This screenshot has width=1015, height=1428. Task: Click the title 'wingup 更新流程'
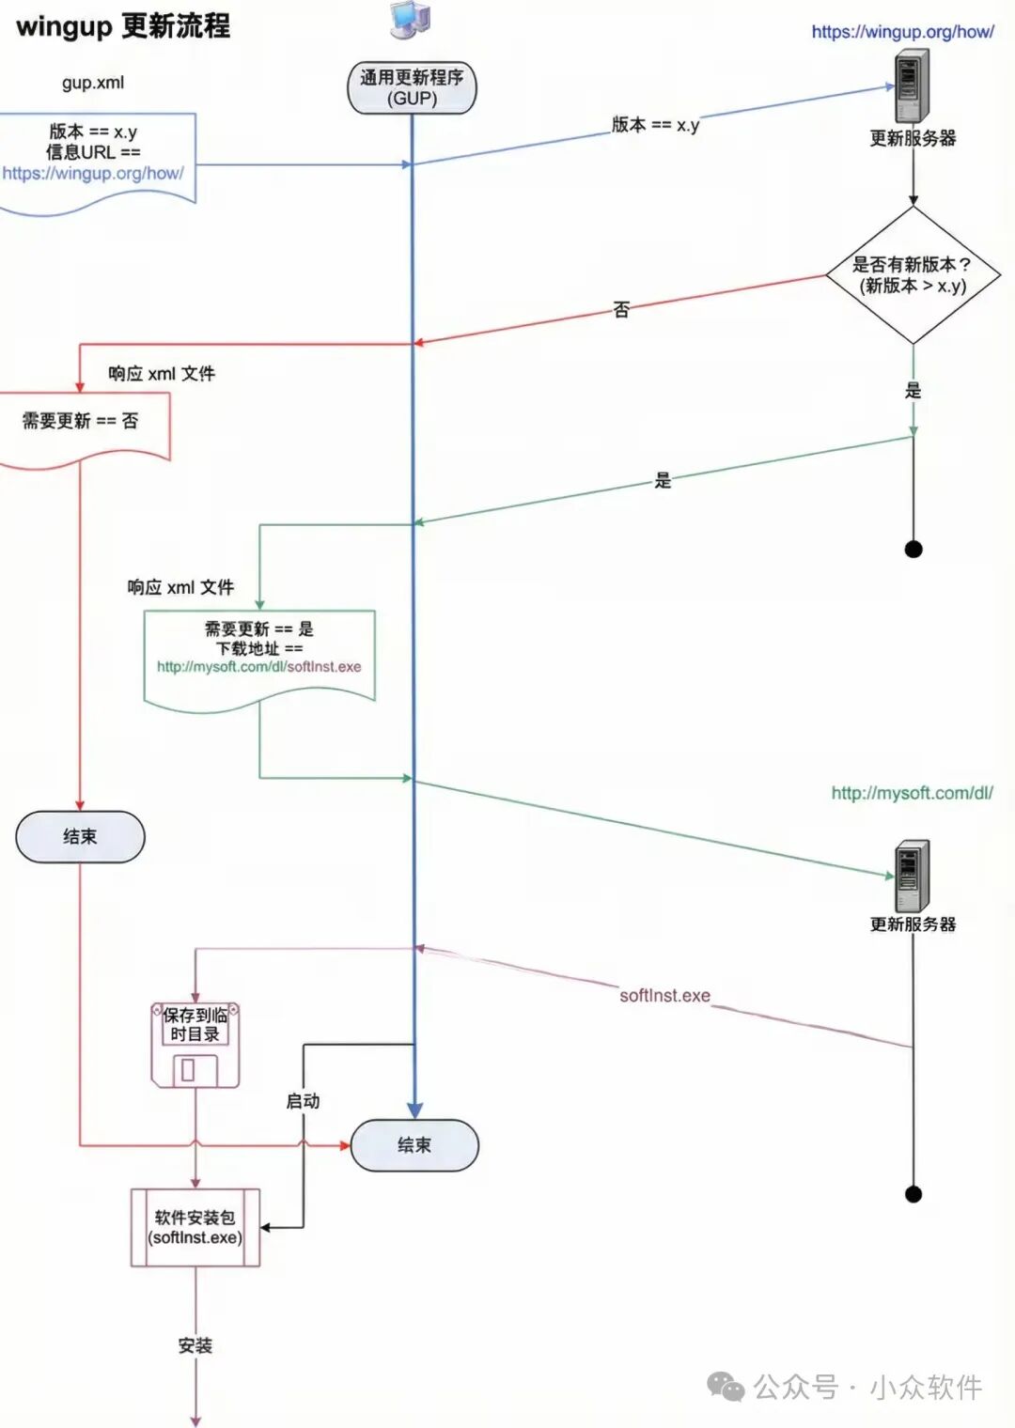[x=123, y=26]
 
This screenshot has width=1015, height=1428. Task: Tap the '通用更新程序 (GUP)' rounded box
[x=412, y=88]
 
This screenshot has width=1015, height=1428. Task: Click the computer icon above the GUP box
[x=411, y=20]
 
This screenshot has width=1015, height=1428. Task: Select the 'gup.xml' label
[x=93, y=83]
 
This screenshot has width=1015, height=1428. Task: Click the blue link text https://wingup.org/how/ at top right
[x=902, y=32]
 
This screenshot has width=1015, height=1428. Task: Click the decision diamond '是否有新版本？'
[x=913, y=275]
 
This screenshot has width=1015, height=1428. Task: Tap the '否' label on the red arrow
[x=621, y=310]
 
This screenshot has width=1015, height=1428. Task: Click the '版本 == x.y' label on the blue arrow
[x=655, y=125]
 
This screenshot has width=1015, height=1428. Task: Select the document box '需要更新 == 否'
[x=81, y=422]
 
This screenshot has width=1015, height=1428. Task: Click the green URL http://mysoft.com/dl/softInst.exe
[x=258, y=667]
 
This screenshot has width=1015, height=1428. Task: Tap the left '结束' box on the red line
[x=80, y=836]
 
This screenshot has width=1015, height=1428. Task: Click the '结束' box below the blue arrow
[x=414, y=1145]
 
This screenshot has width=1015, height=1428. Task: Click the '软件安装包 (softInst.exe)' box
[x=195, y=1228]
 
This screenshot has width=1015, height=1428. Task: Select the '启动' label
[x=303, y=1101]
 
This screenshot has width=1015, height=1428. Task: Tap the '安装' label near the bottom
[x=195, y=1345]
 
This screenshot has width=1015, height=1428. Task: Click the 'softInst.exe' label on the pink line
[x=664, y=996]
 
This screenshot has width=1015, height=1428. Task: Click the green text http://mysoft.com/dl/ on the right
[x=912, y=793]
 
